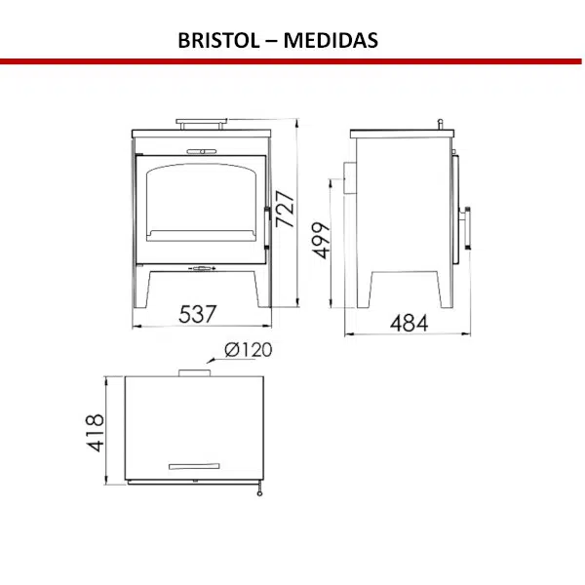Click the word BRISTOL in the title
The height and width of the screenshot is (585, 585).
218,40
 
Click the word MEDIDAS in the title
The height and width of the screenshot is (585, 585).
331,40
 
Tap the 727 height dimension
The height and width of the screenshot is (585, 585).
285,209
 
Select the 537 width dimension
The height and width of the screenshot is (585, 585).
197,314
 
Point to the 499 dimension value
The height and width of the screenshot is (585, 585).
321,240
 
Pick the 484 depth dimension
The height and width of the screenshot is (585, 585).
409,323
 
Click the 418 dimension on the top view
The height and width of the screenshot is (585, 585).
95,432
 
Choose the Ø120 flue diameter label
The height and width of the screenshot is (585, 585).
249,350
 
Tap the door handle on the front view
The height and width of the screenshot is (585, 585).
267,227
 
